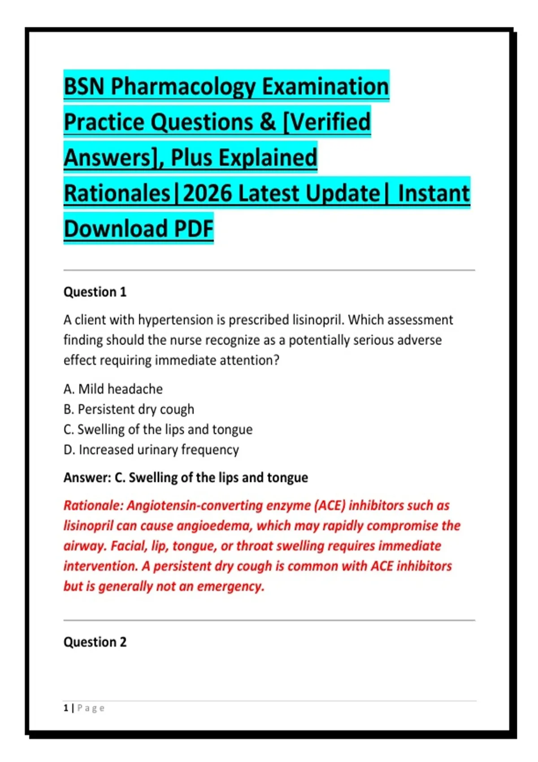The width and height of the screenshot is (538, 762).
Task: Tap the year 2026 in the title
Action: coord(208,193)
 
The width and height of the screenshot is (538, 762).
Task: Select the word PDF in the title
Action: coord(194,229)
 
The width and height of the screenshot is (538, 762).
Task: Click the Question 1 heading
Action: coord(95,292)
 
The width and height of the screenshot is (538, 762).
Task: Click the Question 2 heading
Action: coord(95,642)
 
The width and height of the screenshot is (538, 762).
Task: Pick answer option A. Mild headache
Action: coord(113,389)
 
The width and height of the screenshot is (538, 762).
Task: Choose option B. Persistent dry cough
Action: coord(129,410)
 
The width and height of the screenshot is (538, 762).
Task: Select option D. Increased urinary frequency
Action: coord(151,450)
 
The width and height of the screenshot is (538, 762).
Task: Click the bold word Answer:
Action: coord(87,478)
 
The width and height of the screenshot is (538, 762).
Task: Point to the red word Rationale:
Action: coord(93,506)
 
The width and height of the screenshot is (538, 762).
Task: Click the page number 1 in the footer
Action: coord(66,708)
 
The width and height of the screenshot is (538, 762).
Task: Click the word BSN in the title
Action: coord(84,87)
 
